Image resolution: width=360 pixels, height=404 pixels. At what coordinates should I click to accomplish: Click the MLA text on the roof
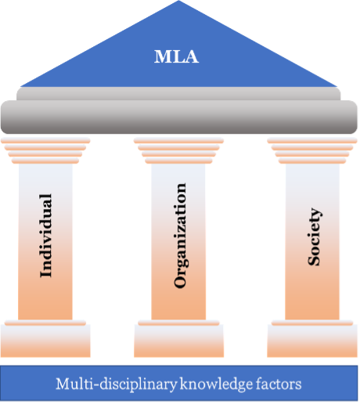coord(176,56)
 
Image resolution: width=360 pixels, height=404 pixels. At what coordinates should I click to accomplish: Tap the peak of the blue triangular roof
coord(178,1)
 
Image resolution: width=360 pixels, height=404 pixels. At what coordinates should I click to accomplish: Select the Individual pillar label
coord(45,236)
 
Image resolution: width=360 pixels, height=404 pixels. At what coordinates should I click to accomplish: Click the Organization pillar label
coord(180,236)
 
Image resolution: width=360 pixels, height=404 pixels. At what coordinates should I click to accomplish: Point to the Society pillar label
coord(314,236)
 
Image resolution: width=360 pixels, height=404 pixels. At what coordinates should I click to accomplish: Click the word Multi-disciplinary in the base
coord(117,384)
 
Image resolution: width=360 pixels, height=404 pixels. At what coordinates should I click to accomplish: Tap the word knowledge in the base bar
coord(216,384)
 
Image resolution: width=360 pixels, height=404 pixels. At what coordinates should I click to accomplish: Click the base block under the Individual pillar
coord(45,338)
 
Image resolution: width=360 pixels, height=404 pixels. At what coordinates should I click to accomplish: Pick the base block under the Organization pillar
coord(178,338)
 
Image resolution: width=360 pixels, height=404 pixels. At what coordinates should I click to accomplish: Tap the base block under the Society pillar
coord(312,338)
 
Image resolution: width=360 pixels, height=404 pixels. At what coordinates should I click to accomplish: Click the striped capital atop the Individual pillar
coord(45,150)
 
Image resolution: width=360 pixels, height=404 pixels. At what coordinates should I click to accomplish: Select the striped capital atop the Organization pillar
coord(178,150)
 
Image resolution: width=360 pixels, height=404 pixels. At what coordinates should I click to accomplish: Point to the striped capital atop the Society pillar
coord(312,150)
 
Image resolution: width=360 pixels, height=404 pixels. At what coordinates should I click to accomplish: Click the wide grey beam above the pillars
coord(179,117)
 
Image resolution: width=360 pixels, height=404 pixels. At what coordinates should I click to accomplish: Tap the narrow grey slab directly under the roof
coord(178,94)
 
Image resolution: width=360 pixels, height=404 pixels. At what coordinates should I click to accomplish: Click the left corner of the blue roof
coord(20,86)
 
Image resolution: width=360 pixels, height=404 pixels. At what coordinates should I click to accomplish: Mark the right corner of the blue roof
coord(337,86)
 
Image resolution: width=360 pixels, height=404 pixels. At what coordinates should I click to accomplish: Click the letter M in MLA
coord(162,56)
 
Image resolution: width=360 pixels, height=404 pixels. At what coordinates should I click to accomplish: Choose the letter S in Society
coord(314,261)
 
